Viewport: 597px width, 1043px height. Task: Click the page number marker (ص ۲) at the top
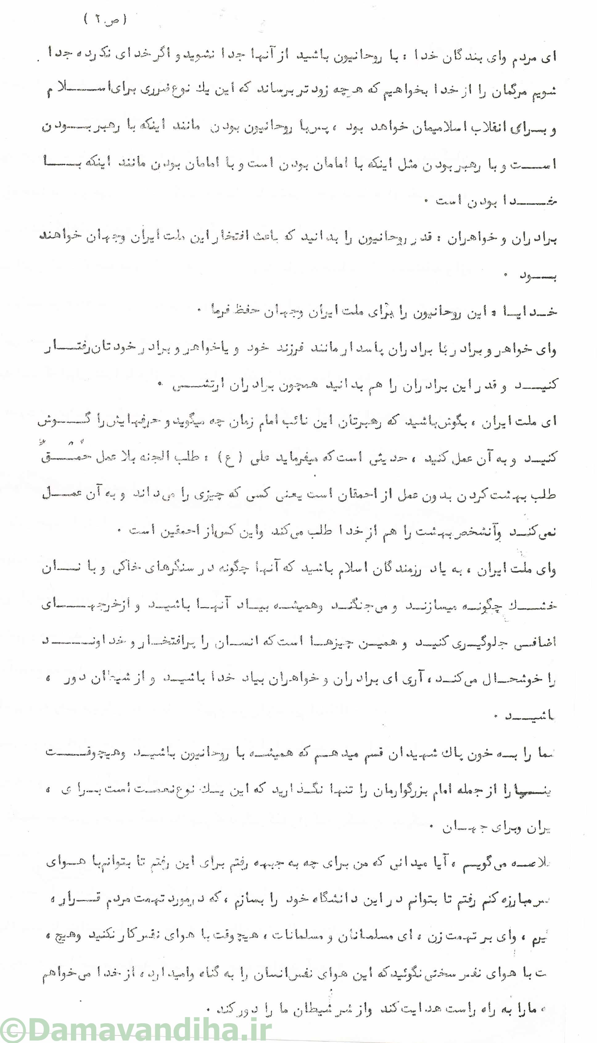pos(106,19)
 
